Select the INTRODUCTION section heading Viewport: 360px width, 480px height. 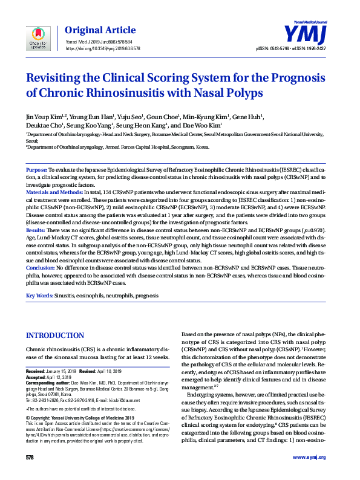tap(55, 336)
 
